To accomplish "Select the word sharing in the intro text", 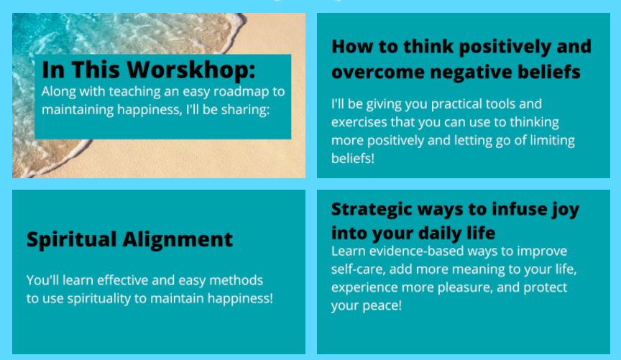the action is [245, 110].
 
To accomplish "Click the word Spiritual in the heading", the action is [72, 240].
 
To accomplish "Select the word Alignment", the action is [178, 240].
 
